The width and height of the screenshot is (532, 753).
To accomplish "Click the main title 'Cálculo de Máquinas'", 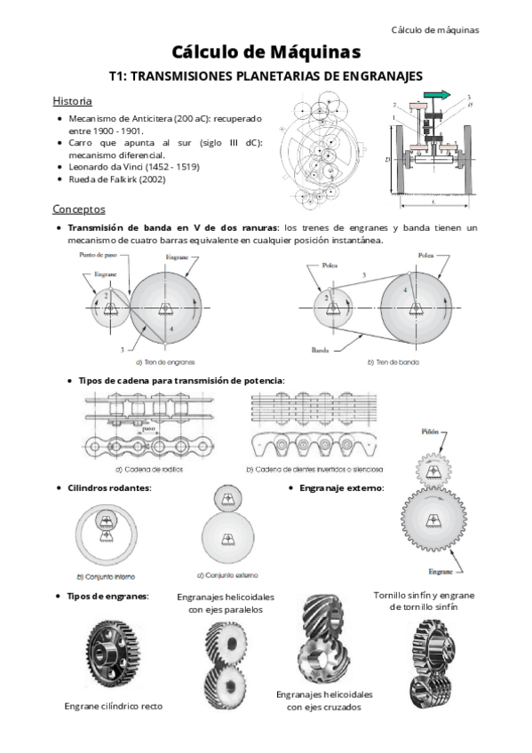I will pyautogui.click(x=266, y=52).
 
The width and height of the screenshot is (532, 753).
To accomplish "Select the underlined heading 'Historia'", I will pyautogui.click(x=72, y=100).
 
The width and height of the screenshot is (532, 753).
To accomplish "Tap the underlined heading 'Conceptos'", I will pyautogui.click(x=79, y=210).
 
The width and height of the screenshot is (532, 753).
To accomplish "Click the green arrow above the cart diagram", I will pyautogui.click(x=435, y=95).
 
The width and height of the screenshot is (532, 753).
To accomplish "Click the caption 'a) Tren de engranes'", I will pyautogui.click(x=165, y=362).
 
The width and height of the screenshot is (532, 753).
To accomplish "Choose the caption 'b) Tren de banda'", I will pyautogui.click(x=393, y=362).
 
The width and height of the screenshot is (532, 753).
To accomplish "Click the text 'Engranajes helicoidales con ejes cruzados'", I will pyautogui.click(x=324, y=700).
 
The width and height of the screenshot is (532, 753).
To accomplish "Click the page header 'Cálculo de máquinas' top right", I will pyautogui.click(x=435, y=29).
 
